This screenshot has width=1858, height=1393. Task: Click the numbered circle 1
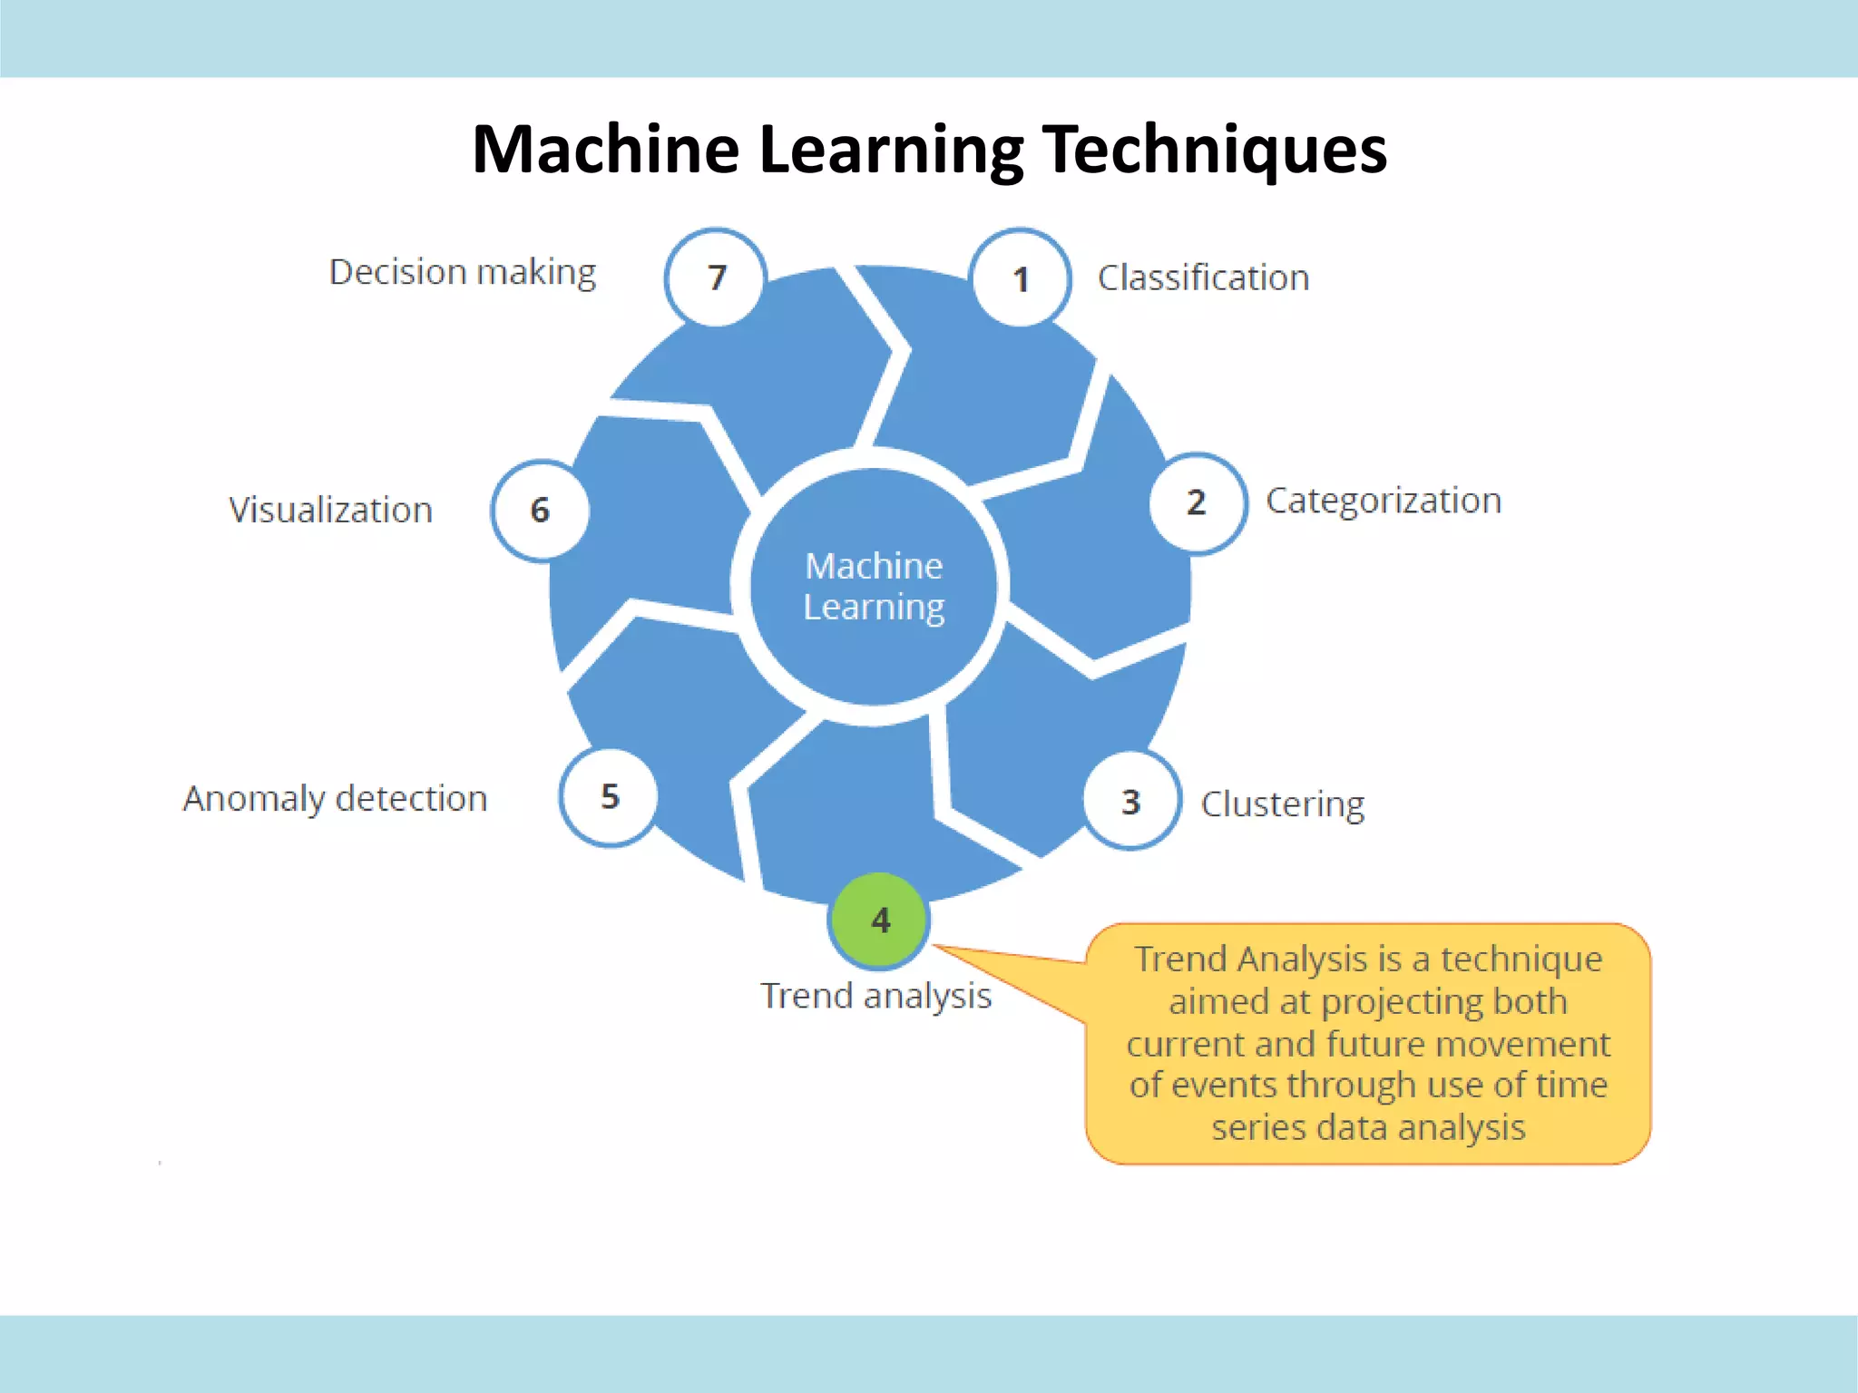[x=1020, y=278]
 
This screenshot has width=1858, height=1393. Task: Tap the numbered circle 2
[x=1197, y=502]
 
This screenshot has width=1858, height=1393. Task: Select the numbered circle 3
[x=1131, y=801]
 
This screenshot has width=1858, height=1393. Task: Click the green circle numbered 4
[x=879, y=921]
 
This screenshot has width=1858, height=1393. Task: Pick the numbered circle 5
[x=609, y=797]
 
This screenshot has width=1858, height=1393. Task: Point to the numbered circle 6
[x=541, y=510]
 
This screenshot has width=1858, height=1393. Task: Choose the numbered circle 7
[x=716, y=277]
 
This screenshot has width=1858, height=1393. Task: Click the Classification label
[x=1203, y=278]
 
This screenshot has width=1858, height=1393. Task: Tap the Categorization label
[x=1383, y=501]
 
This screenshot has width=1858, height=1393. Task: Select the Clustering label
[x=1282, y=804]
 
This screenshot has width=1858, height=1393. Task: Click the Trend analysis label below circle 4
[x=875, y=996]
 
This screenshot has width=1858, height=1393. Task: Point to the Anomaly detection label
[x=335, y=798]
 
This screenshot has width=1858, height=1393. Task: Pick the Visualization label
[x=330, y=510]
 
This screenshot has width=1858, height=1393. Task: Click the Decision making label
[x=462, y=272]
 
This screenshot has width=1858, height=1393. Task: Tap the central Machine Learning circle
[x=874, y=586]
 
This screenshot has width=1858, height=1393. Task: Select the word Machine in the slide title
[x=605, y=150]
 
